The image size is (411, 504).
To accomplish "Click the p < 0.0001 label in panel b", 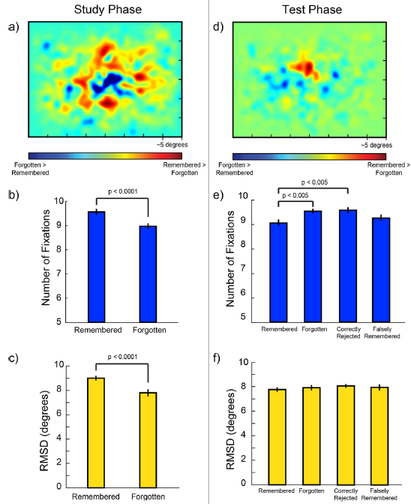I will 122,191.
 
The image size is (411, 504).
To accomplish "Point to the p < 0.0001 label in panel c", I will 122,357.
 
